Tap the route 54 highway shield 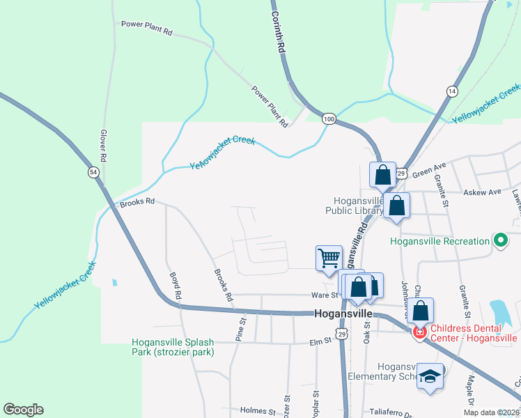coord(93,171)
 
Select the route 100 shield coord(329,120)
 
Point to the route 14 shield coord(452,91)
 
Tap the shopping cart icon coord(329,257)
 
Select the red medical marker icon coord(420,333)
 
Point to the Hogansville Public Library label coord(355,205)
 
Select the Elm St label coord(321,342)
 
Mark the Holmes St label coord(257,411)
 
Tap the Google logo coord(23,410)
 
